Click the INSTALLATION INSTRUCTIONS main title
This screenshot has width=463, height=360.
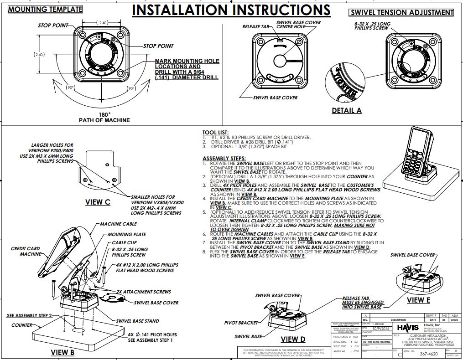coord(231,10)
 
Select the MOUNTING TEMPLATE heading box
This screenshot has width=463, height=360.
coord(45,9)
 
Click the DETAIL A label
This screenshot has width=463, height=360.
coord(346,110)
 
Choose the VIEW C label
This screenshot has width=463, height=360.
coord(98,202)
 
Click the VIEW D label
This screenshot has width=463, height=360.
coord(293,339)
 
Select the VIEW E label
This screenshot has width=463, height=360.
coord(418,300)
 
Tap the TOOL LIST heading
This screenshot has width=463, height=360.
coord(212,132)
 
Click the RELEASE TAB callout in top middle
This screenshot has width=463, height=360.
coord(256,27)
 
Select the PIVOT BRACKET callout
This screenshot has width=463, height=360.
coord(241,323)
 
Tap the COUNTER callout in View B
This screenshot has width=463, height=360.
coord(22,325)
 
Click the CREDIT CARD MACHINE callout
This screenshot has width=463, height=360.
coord(26,252)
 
